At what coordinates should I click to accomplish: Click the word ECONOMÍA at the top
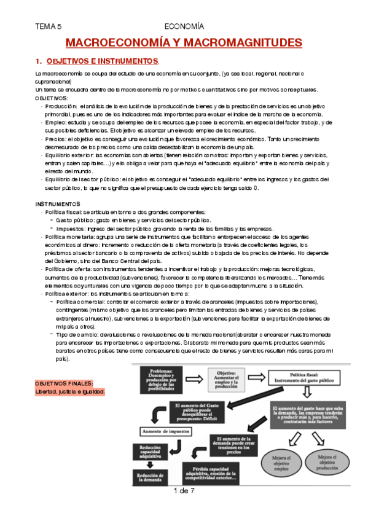pyautogui.click(x=184, y=26)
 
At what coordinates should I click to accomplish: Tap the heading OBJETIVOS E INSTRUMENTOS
pyautogui.click(x=102, y=61)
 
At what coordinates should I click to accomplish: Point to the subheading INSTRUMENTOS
pyautogui.click(x=58, y=203)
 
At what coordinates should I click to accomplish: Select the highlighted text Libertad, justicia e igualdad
pyautogui.click(x=70, y=391)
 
